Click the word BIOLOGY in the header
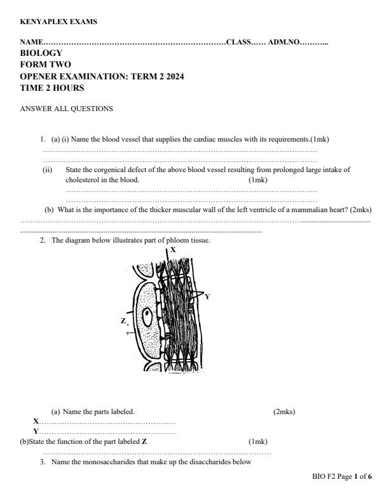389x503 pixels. tap(42, 53)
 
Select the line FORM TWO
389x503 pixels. tap(46, 65)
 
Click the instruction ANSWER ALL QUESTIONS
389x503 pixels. tap(67, 109)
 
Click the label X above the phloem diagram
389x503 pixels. tap(174, 250)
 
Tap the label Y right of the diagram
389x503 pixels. tap(207, 296)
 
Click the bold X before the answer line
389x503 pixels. tap(36, 421)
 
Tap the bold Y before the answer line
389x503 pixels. tap(36, 431)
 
